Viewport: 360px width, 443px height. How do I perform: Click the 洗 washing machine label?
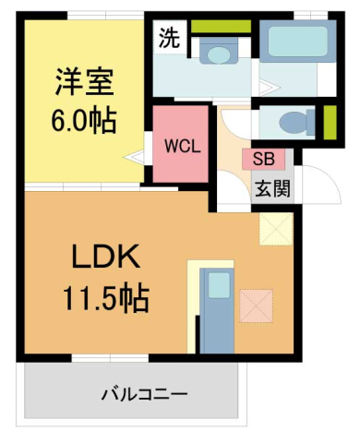(170, 38)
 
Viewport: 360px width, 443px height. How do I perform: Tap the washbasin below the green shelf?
(219, 54)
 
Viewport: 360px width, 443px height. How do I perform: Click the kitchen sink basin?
(218, 285)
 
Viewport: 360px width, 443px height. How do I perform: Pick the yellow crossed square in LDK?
(276, 228)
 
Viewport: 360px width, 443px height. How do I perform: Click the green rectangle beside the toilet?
(330, 122)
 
